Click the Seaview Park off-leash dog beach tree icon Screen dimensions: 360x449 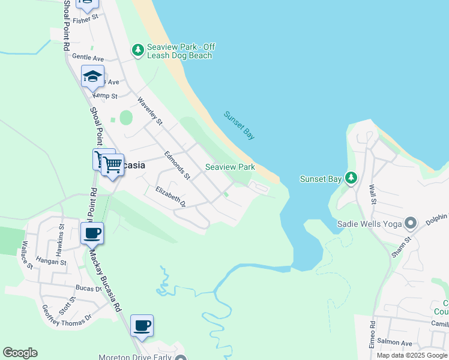[138, 50]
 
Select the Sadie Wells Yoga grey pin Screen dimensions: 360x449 [411, 224]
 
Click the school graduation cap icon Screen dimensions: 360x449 [93, 77]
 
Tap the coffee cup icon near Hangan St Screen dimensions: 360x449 [92, 233]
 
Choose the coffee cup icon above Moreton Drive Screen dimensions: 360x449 [142, 326]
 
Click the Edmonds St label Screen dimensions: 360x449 [177, 165]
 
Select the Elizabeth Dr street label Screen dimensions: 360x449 [170, 197]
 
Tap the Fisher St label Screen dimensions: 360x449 [85, 20]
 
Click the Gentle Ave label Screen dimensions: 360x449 [88, 58]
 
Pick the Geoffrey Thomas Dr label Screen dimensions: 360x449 [67, 314]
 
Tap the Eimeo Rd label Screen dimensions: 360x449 [373, 332]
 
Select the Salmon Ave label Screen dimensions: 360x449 [399, 343]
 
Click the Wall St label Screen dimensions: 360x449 [372, 193]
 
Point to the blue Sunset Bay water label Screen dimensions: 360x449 [239, 125]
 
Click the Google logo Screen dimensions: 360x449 [20, 353]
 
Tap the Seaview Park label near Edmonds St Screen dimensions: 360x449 [231, 167]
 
